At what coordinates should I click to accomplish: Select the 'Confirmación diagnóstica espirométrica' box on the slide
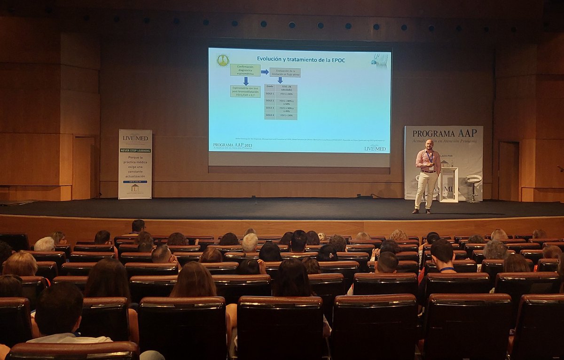[x=245, y=70]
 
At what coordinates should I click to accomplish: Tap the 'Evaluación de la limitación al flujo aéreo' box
[x=285, y=72]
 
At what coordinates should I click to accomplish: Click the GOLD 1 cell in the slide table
[x=270, y=94]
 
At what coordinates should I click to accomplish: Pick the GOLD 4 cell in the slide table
[x=270, y=115]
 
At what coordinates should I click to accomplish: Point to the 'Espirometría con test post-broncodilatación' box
[x=245, y=91]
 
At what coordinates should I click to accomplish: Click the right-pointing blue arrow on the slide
[x=265, y=72]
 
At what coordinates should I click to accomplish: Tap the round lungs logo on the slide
[x=222, y=60]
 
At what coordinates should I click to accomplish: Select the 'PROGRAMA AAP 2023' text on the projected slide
[x=233, y=146]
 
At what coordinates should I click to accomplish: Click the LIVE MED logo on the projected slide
[x=375, y=149]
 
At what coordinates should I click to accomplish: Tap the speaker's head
[x=429, y=144]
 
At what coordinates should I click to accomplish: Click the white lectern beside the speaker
[x=448, y=184]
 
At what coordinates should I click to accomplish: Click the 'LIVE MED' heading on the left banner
[x=135, y=138]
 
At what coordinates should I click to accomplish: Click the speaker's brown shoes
[x=421, y=211]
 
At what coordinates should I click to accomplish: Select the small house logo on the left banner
[x=135, y=188]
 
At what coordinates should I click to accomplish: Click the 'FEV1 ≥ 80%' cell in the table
[x=286, y=94]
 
